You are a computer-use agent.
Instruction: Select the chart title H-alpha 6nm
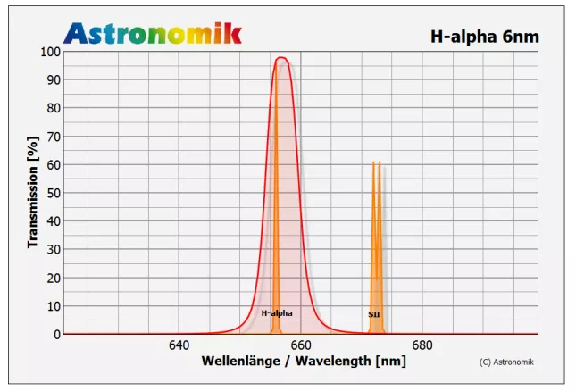pyautogui.click(x=485, y=37)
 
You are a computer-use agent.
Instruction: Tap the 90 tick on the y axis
pyautogui.click(x=53, y=80)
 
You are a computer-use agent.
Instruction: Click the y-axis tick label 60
pyautogui.click(x=53, y=165)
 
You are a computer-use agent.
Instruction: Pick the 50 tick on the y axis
pyautogui.click(x=53, y=193)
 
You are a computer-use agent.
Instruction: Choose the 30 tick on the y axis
pyautogui.click(x=53, y=250)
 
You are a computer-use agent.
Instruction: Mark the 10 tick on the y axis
pyautogui.click(x=53, y=306)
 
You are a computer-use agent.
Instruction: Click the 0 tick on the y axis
pyautogui.click(x=56, y=334)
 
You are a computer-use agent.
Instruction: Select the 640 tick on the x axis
pyautogui.click(x=179, y=345)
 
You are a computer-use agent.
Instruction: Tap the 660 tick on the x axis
pyautogui.click(x=300, y=345)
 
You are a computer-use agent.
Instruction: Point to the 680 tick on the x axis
pyautogui.click(x=422, y=345)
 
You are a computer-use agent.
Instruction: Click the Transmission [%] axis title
pyautogui.click(x=32, y=193)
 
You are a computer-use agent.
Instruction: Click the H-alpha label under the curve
pyautogui.click(x=277, y=313)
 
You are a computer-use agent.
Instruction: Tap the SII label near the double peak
pyautogui.click(x=374, y=314)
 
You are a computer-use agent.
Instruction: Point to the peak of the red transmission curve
pyautogui.click(x=281, y=59)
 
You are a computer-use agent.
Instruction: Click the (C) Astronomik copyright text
pyautogui.click(x=513, y=362)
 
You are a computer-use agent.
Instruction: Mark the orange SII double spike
pyautogui.click(x=376, y=241)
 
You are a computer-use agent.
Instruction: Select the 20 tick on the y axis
pyautogui.click(x=53, y=278)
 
